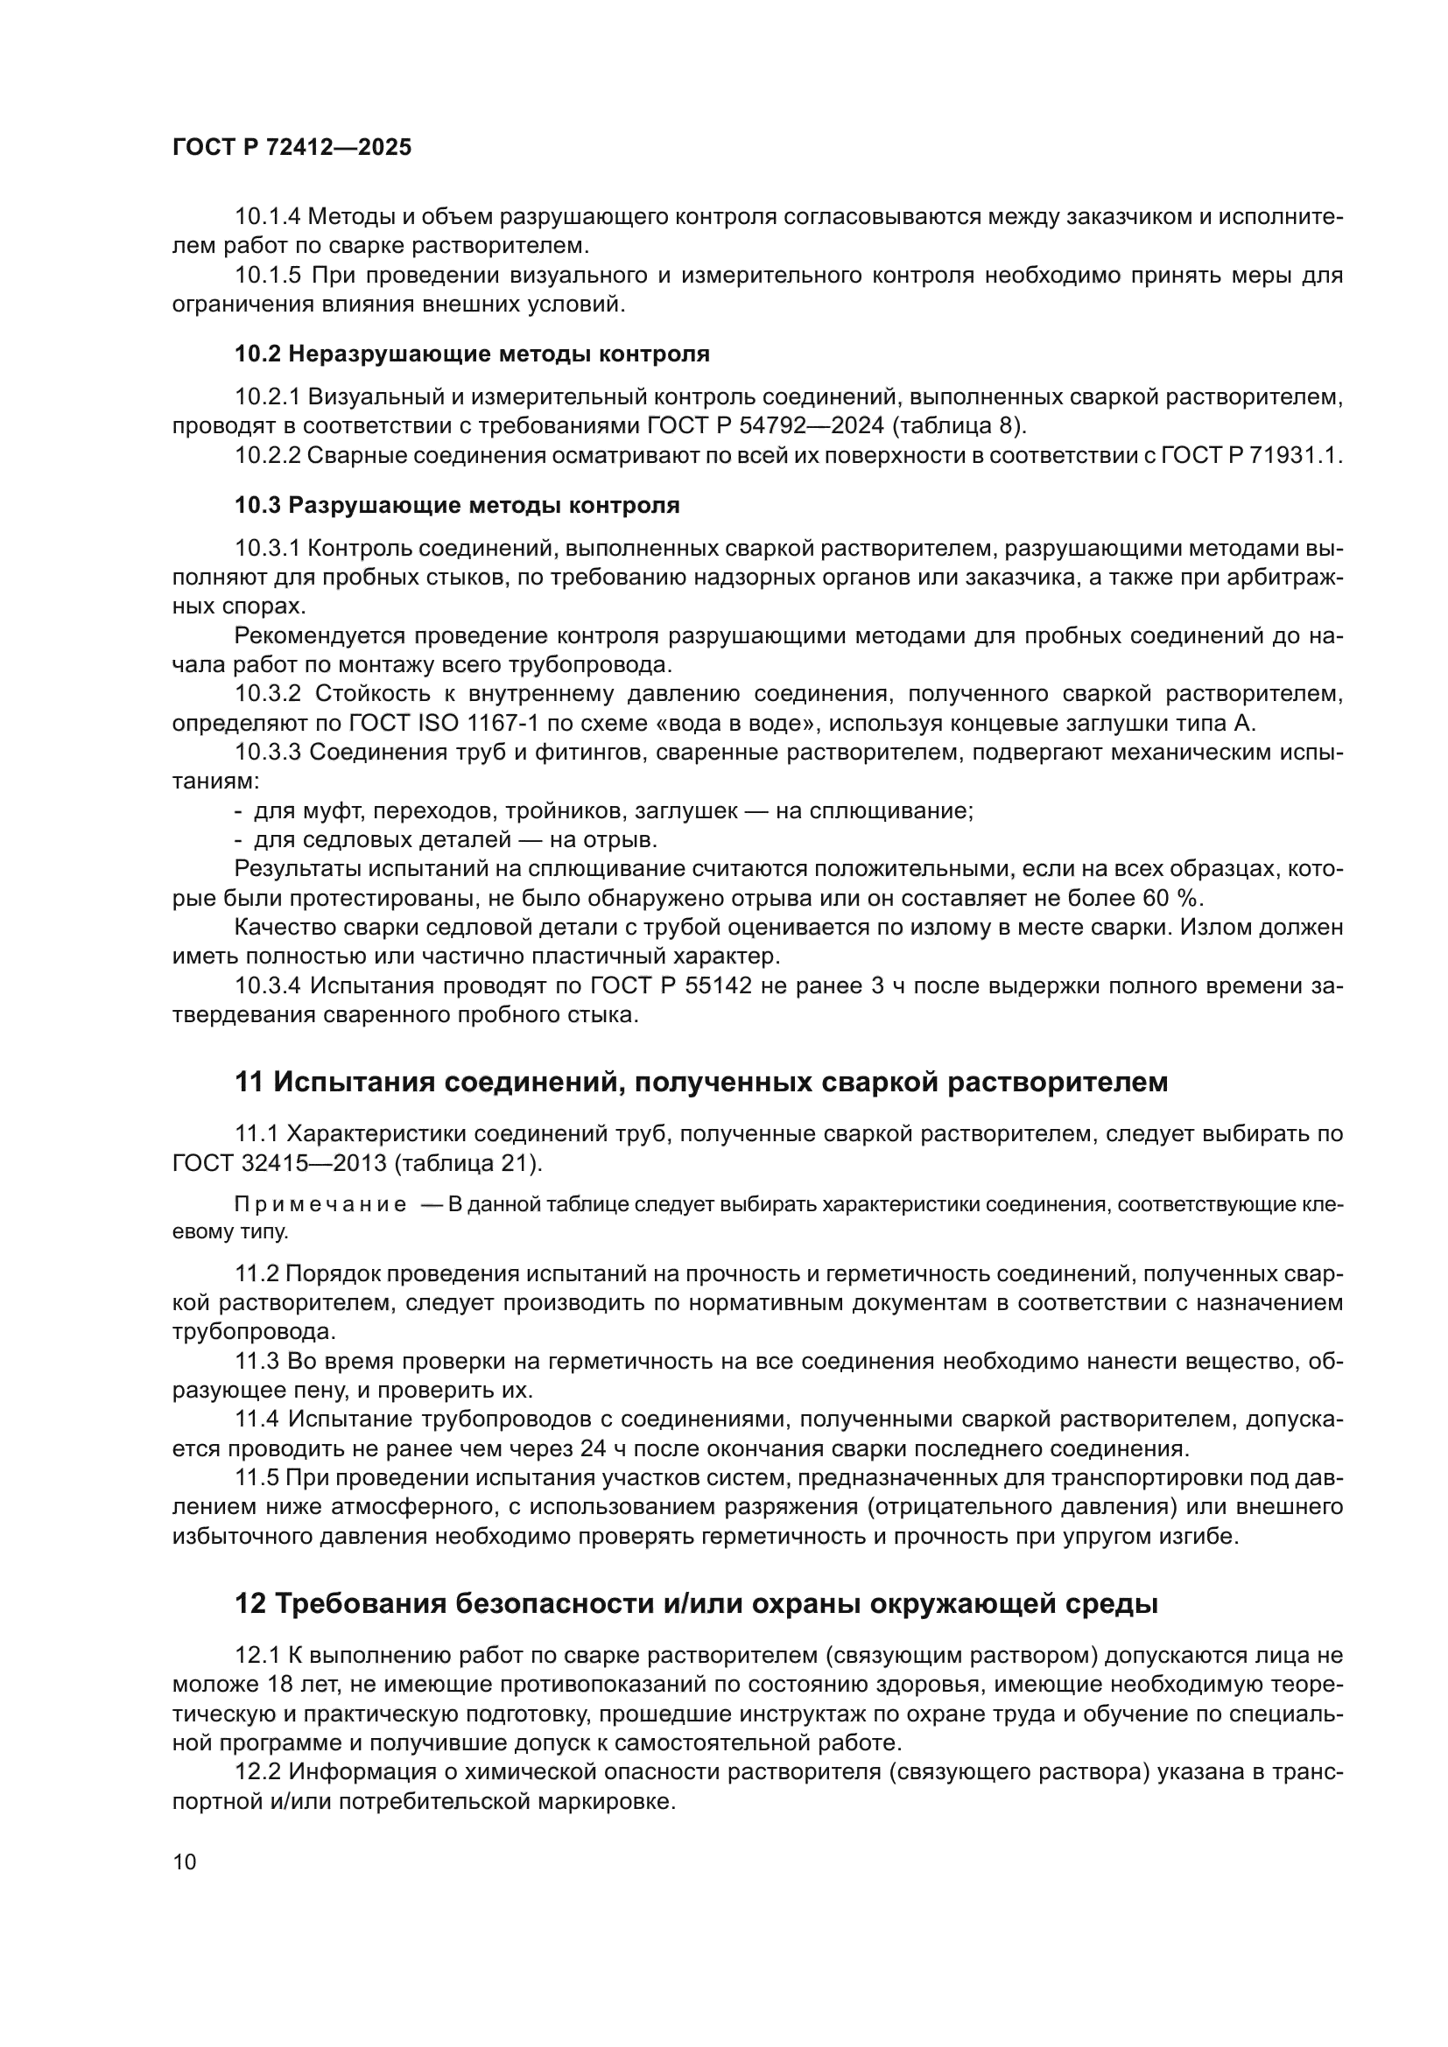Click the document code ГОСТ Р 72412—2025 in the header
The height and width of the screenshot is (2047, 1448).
(x=292, y=148)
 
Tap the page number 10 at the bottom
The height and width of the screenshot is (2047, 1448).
(x=185, y=1861)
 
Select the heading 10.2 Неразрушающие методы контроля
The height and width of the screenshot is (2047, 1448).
(x=472, y=354)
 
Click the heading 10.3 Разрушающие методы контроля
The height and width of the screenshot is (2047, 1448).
(x=456, y=506)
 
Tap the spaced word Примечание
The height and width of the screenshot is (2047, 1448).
(x=320, y=1205)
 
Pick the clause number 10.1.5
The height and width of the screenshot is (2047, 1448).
(x=267, y=276)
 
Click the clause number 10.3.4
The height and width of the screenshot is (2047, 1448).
(x=267, y=986)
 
